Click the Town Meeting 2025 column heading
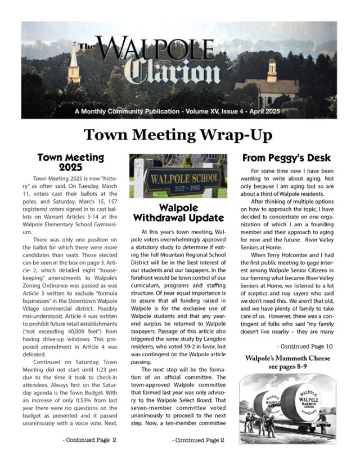[70, 162]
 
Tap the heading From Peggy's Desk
[286, 158]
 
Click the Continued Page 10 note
[304, 347]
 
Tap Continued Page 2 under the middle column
[198, 440]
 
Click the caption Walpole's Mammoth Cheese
[287, 359]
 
